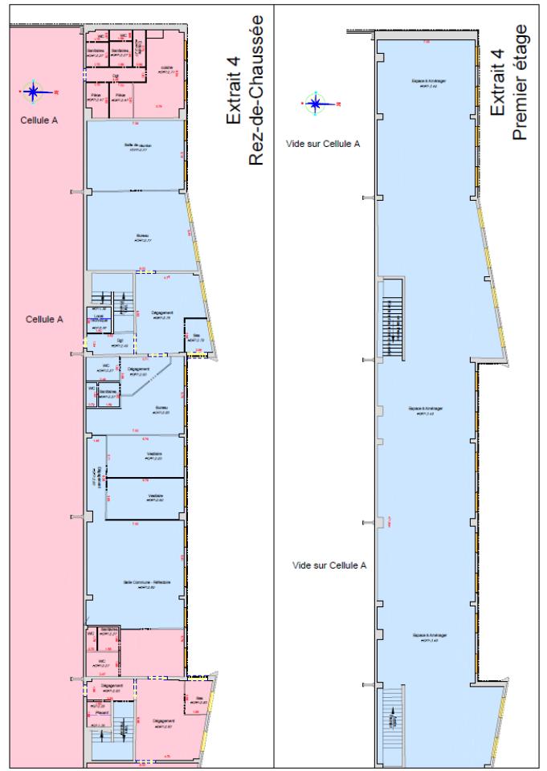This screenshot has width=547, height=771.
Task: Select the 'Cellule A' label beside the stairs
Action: click(44, 319)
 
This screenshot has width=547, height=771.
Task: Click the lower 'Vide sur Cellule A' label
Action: click(329, 565)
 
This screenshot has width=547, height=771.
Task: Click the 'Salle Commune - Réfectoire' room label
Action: click(145, 583)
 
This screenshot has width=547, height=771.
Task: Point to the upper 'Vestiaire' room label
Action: click(154, 455)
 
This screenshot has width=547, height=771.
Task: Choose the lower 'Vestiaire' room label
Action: click(155, 496)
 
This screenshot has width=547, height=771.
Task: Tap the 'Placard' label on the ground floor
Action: click(103, 710)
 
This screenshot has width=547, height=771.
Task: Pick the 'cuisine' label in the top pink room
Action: click(167, 68)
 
